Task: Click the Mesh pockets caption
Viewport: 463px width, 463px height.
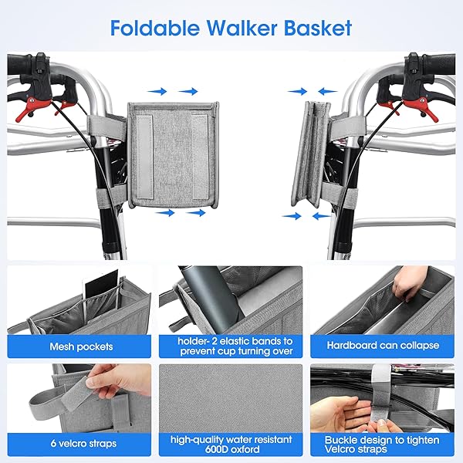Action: [x=80, y=346]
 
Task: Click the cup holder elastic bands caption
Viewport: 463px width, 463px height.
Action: [x=231, y=346]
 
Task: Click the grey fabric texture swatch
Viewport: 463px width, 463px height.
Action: [x=231, y=394]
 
